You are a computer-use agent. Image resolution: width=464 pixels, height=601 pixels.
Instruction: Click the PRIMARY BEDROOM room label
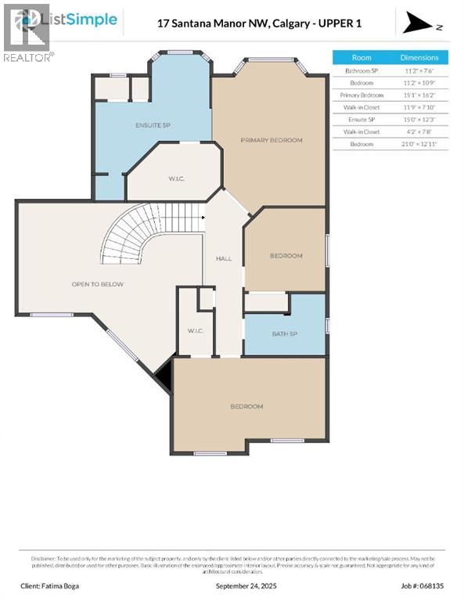point(271,140)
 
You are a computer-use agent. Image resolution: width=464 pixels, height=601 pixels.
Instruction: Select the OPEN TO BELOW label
point(98,284)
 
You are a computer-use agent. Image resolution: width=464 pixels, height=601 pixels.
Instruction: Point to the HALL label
point(224,258)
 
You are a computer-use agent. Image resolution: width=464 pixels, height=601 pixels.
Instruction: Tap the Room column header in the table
point(361,58)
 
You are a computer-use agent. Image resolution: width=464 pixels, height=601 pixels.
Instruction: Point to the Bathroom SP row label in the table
point(361,70)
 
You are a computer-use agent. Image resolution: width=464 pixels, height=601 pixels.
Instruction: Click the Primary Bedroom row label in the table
point(361,95)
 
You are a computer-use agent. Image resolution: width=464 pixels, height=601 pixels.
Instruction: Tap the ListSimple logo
point(66,20)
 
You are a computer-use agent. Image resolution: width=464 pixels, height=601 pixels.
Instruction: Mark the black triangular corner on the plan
point(164,380)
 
